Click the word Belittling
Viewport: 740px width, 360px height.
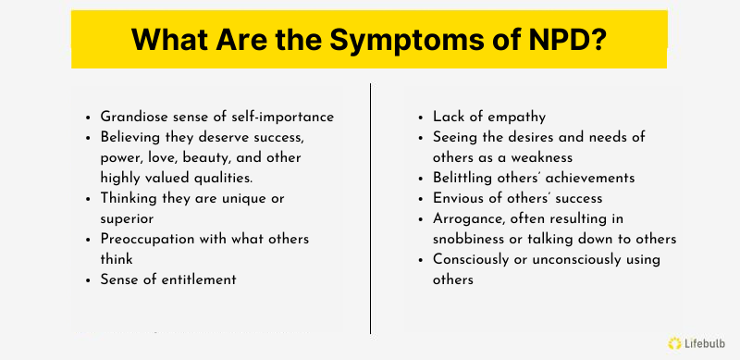(x=467, y=178)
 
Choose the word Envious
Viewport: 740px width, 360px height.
(x=460, y=198)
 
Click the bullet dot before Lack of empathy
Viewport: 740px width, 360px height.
(x=422, y=118)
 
